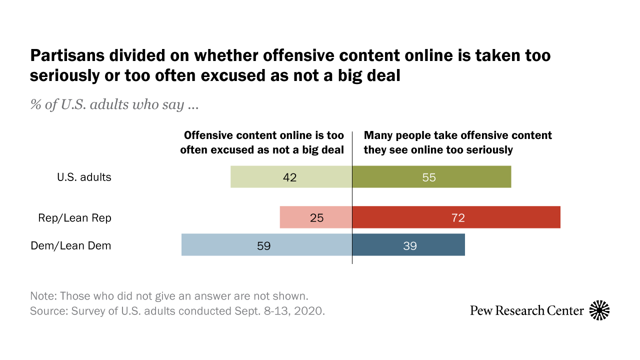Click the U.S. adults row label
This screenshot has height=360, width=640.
(x=84, y=177)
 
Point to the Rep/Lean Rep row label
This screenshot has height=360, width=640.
(x=74, y=218)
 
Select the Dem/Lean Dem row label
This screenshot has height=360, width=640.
(x=70, y=245)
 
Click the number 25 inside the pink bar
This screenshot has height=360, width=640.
(x=317, y=218)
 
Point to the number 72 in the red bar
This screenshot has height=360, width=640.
(x=457, y=218)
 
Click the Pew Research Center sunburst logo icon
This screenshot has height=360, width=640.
(x=599, y=310)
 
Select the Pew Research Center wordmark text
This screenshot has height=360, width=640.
(x=526, y=310)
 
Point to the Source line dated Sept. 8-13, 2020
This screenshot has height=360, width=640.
(x=177, y=310)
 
